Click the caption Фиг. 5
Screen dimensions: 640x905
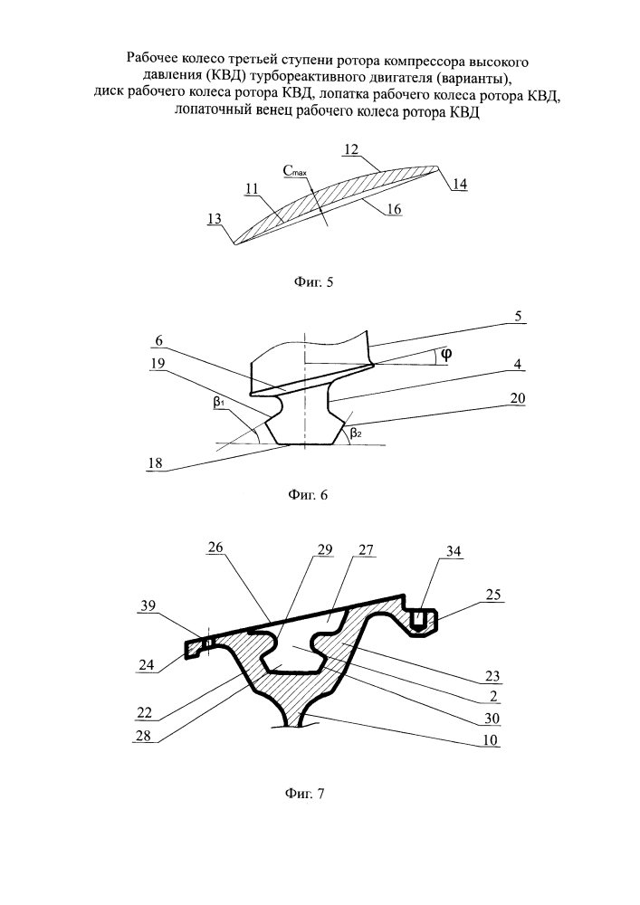point(313,282)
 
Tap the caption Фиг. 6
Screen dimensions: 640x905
point(308,495)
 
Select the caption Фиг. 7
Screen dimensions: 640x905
point(305,793)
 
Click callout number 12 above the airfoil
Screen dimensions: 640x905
point(351,149)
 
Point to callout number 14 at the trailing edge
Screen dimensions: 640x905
point(460,184)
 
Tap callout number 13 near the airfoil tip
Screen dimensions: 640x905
point(215,219)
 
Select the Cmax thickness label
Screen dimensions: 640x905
point(295,170)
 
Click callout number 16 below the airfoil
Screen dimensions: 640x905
point(394,209)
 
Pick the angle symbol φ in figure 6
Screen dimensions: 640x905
point(445,355)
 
